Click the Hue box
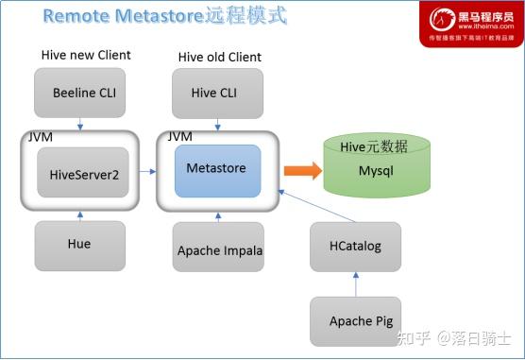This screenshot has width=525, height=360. (79, 244)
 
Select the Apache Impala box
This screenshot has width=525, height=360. (219, 250)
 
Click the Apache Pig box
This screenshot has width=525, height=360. (356, 320)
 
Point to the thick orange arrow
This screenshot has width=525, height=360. (300, 170)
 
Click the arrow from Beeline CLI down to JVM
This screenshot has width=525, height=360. (80, 123)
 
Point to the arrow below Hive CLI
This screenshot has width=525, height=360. (218, 124)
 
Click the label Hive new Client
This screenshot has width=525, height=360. (85, 55)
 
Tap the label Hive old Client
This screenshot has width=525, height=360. (219, 57)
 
